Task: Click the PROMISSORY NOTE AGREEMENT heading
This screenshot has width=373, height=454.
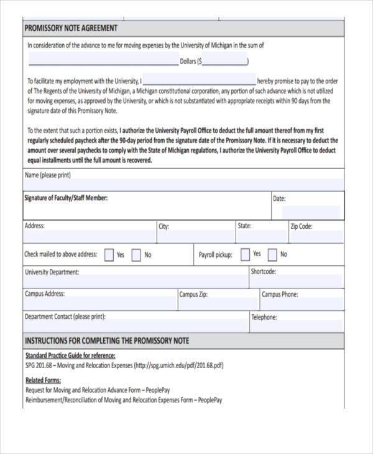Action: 70,29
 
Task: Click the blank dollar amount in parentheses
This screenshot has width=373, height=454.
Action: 224,62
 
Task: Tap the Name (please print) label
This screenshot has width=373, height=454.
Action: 48,175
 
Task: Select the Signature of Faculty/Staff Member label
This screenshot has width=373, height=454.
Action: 66,198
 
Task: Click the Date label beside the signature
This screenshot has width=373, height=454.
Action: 279,199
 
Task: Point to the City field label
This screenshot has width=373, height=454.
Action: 164,226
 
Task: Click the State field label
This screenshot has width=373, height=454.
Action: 244,226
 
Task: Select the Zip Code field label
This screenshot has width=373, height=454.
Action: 302,226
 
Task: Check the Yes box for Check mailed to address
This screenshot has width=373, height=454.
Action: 109,254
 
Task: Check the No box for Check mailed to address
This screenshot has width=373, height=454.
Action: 136,254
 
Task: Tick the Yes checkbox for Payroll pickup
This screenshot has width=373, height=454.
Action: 245,254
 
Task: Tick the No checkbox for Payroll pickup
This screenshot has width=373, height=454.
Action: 272,254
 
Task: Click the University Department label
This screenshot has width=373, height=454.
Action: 52,272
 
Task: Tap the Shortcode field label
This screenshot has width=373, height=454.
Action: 264,271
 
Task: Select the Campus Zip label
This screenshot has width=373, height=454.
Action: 193,294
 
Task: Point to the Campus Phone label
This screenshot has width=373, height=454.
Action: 279,294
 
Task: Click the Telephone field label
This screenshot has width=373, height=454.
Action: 264,317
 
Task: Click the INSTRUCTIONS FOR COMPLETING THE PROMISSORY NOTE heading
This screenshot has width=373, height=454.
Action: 106,341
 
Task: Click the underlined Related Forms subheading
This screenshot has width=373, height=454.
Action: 43,380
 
